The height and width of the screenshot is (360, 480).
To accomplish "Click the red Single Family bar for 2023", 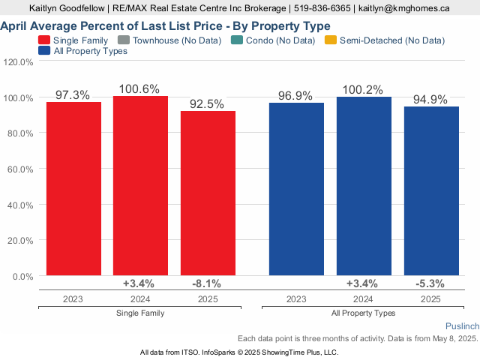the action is coord(73,188).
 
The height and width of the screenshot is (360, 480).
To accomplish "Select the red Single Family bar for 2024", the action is coord(140,185).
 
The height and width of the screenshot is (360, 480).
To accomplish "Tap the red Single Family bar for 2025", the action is coord(208,193).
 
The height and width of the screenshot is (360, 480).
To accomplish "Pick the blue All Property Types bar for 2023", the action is coord(297,189).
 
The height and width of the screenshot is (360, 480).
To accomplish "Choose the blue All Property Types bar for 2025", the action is coord(432,191).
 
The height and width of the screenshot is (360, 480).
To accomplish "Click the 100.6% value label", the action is coord(139,89).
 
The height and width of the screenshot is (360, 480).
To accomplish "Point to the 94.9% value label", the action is coord(430,100).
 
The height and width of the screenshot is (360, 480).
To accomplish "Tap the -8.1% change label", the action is coord(207,283).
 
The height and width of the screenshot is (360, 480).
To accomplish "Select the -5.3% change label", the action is coord(430,283).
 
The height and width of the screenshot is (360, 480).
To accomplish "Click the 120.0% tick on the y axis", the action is coord(18,62).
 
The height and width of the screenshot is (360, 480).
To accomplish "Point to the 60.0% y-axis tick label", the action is coord(20,169).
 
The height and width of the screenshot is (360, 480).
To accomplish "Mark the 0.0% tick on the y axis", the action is coord(23,277).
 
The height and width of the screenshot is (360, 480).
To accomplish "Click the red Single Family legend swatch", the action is coord(44,40).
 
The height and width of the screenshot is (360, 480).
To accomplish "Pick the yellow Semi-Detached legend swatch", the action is coord(331,40).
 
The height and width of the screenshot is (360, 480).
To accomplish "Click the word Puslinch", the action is coord(462,326).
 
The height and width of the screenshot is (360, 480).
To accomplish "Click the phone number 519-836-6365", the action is coord(322,8).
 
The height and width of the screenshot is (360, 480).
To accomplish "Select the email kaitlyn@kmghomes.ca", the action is coord(404,8).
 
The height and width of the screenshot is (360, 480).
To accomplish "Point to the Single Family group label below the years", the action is coord(140,313).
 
